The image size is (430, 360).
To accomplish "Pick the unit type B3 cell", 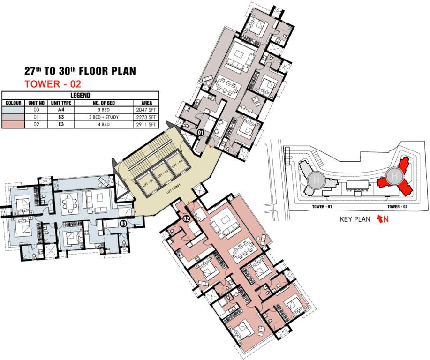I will (x=60, y=117).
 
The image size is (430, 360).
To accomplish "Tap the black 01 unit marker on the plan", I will (x=200, y=133).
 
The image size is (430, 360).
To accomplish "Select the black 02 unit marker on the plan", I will (x=186, y=218).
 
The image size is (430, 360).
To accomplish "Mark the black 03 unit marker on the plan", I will (x=123, y=224).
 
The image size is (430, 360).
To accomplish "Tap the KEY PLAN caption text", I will (x=355, y=219).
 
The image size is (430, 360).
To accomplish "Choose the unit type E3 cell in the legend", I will (x=60, y=124).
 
